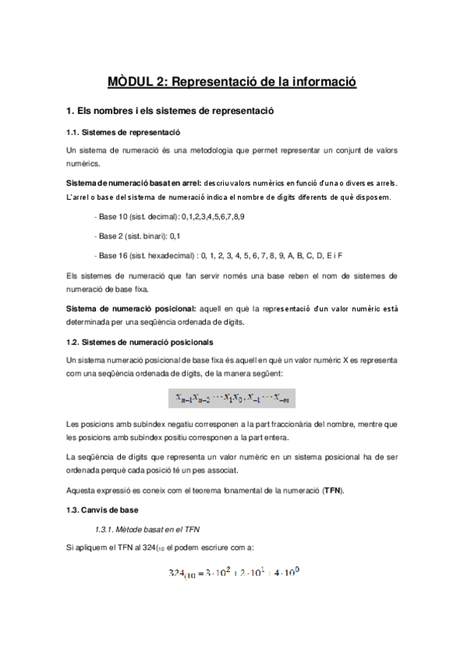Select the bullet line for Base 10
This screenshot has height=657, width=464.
click(168, 216)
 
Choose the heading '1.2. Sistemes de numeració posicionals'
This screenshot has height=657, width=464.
click(140, 342)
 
